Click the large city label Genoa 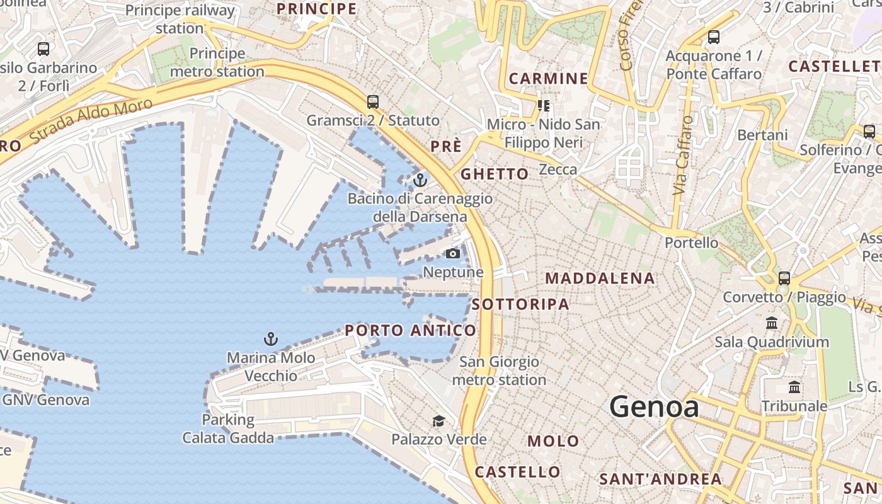click(x=654, y=407)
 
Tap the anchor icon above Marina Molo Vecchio click(x=271, y=340)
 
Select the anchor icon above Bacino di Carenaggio click(x=420, y=181)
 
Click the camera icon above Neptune click(x=452, y=254)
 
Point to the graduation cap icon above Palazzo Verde click(x=438, y=421)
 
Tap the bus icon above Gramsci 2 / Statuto click(x=373, y=101)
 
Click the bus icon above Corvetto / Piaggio click(x=784, y=278)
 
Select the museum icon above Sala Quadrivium click(x=772, y=323)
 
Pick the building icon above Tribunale click(x=794, y=387)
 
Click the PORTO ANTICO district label click(x=411, y=331)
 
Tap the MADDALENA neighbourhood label click(x=600, y=278)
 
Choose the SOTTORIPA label click(x=520, y=304)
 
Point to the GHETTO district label click(x=495, y=174)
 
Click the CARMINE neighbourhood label click(x=548, y=79)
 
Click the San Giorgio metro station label click(x=499, y=371)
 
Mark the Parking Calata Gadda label click(x=228, y=428)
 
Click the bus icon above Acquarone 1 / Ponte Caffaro click(x=714, y=37)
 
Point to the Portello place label click(x=692, y=243)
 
